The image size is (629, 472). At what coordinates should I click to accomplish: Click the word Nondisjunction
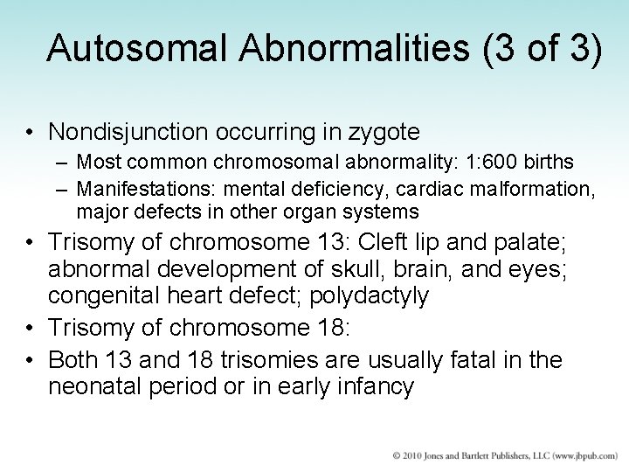coord(142,132)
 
